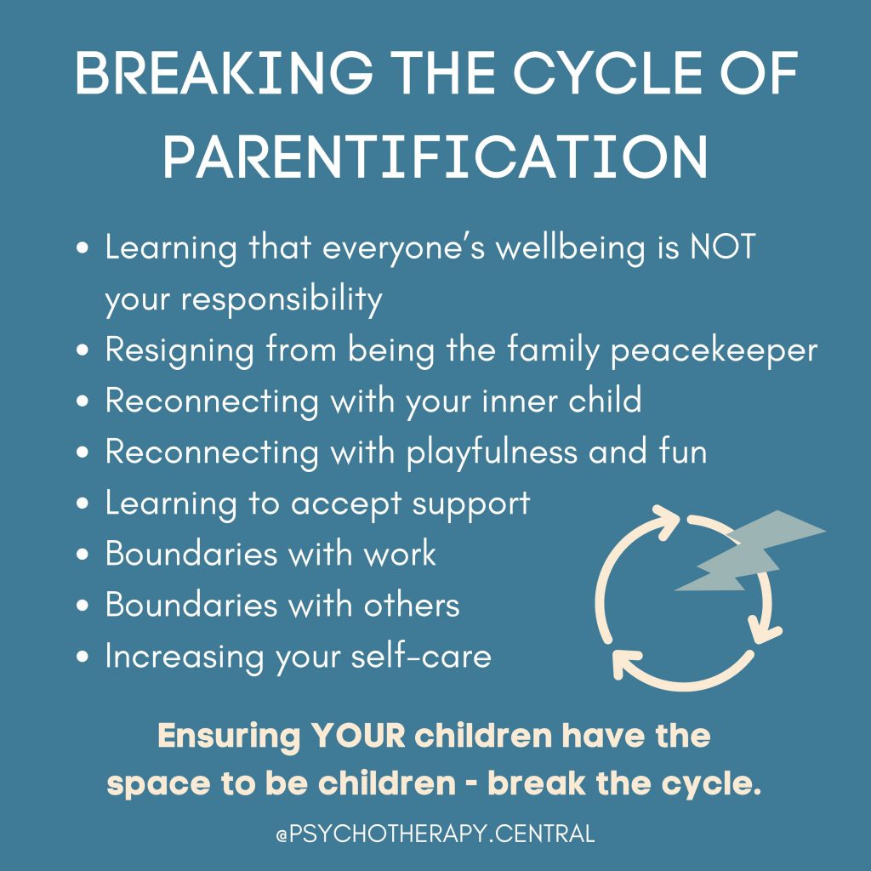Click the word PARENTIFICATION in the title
tap(435, 155)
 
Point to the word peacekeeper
tap(715, 351)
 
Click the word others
tap(412, 605)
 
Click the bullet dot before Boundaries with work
tap(83, 555)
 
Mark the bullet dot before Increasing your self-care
tap(83, 658)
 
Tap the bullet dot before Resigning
tap(83, 352)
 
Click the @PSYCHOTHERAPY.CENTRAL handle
tap(435, 834)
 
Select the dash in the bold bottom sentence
tap(471, 785)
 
